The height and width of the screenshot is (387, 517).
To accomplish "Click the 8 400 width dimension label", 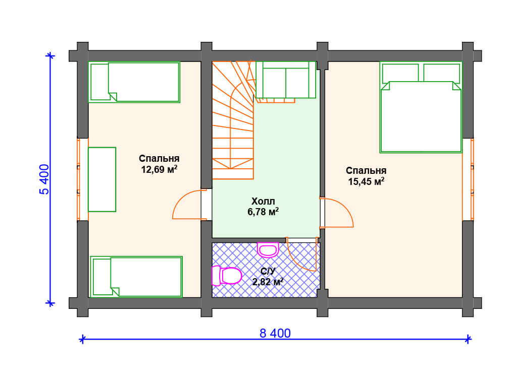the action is click(275, 334).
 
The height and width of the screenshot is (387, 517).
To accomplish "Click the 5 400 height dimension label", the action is click(44, 179).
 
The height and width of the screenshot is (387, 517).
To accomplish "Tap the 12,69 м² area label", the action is click(159, 169).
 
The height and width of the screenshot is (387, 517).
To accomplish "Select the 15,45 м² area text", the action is click(367, 181).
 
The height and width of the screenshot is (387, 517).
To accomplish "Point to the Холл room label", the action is click(263, 201).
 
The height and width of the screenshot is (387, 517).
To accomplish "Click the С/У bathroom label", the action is click(268, 271).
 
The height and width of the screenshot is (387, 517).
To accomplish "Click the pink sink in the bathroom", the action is click(268, 250).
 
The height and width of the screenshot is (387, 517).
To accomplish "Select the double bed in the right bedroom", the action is click(421, 107).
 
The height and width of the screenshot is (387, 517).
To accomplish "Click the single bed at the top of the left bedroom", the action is click(134, 82).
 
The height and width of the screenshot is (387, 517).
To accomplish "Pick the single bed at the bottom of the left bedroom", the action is click(136, 277).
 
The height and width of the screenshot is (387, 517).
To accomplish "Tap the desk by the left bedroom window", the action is click(102, 179).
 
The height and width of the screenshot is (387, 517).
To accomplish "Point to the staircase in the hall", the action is click(233, 120).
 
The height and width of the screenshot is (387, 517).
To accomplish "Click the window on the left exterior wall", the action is click(79, 179).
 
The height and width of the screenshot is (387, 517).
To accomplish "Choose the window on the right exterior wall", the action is click(472, 179).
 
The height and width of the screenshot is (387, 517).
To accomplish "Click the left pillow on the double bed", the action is click(400, 73).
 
